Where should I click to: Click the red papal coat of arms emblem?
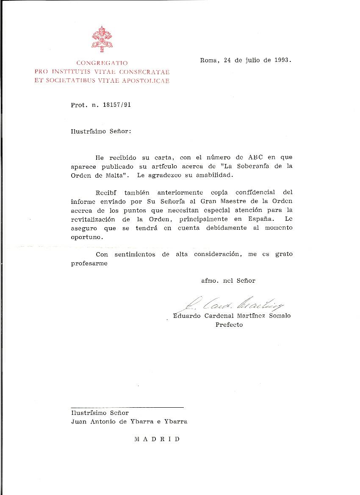[x=102, y=39]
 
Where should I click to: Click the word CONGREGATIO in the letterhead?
[x=102, y=63]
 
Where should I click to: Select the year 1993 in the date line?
[x=282, y=60]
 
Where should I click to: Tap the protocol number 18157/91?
[x=116, y=105]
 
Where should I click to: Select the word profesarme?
[x=89, y=263]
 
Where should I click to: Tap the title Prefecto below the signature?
[x=229, y=325]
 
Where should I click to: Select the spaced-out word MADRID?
[x=157, y=439]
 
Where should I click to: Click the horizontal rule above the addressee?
[x=127, y=407]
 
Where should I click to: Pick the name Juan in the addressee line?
[x=79, y=422]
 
